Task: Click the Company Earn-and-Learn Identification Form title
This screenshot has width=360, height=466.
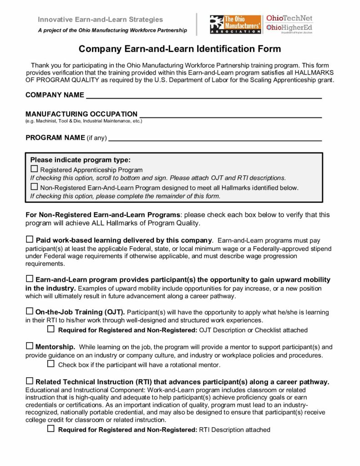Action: coord(180,49)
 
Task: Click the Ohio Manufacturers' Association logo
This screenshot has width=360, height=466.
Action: coord(235,25)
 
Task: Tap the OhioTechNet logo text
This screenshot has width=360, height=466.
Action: coord(289,19)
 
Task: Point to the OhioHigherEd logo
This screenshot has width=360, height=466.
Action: coord(289,28)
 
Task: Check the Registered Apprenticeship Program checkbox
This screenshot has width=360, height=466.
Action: coord(34,169)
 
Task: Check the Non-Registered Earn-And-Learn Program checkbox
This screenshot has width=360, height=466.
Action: coord(34,187)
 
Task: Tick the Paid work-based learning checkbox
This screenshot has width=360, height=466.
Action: coord(30,239)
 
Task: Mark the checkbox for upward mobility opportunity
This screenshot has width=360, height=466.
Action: coord(30,279)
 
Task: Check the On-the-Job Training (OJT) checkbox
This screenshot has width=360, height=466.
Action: coord(30,312)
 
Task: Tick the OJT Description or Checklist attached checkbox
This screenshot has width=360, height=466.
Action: coord(51,329)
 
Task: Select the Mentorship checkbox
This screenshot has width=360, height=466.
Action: coord(30,346)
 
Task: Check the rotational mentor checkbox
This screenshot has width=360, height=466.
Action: coord(51,364)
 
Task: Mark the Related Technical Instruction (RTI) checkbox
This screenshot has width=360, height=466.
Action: coord(30,381)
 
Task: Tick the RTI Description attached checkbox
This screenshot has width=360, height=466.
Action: coord(51,429)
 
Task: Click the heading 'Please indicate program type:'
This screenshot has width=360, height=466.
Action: coord(81,160)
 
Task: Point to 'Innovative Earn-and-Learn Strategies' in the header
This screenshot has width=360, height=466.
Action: coord(100,20)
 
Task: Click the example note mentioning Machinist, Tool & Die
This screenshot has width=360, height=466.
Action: coord(84,121)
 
